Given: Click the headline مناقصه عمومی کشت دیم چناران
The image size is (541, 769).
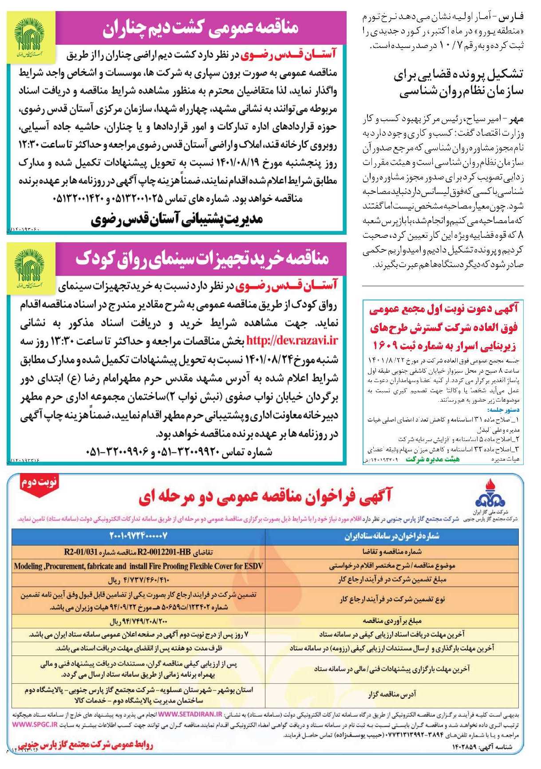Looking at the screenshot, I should (200, 28).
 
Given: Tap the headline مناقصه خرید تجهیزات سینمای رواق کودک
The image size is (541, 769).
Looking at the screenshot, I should (202, 259).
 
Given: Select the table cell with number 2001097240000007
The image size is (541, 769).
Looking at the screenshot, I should (138, 536).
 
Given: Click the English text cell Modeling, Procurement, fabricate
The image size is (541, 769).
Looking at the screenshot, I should (138, 566).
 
